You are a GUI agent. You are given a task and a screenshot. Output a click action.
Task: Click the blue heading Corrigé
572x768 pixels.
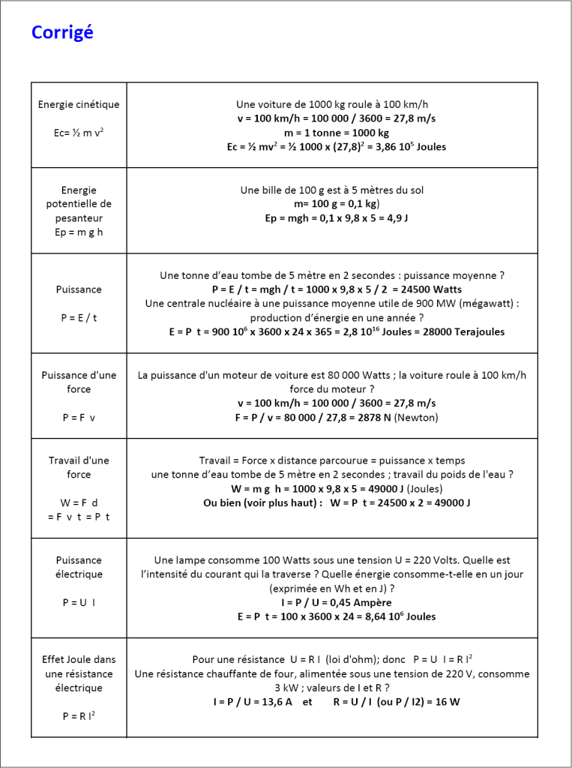62,33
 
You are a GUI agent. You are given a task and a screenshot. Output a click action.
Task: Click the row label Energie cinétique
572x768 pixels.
79,104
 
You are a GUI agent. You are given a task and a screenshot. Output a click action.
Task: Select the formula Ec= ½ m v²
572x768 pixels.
79,133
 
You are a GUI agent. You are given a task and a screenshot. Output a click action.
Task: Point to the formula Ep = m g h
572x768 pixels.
79,232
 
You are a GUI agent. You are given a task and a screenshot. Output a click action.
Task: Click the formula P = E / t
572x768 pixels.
79,317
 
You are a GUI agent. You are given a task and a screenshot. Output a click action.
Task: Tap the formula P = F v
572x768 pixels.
79,418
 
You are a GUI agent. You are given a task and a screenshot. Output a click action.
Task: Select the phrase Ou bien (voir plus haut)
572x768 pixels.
262,502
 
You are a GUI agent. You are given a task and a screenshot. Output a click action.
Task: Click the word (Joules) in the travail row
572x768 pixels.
421,488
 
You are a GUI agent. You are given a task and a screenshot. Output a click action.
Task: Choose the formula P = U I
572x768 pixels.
79,602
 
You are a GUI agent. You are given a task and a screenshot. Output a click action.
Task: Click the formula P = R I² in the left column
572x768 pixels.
79,716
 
